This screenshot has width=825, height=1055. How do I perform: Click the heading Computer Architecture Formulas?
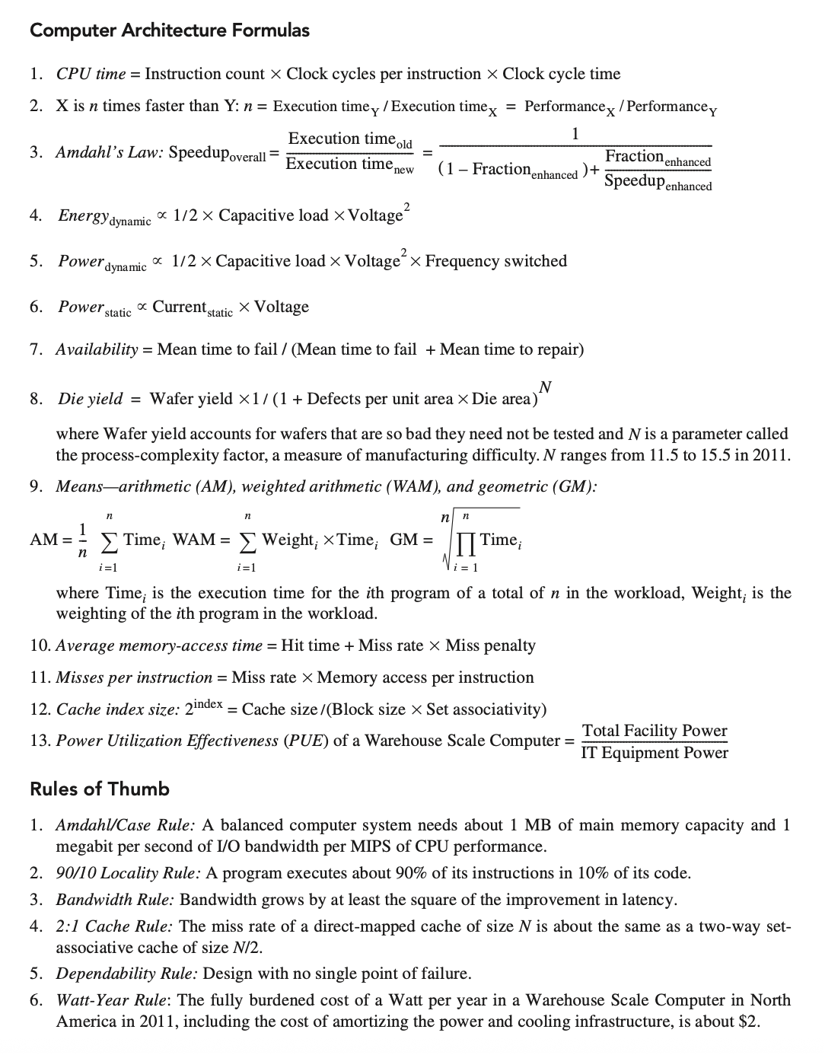170,30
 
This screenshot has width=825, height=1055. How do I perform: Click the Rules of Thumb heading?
99,789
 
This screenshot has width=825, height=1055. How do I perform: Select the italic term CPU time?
91,74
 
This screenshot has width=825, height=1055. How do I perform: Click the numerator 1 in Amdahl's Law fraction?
575,134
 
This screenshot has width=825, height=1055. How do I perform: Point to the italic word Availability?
97,349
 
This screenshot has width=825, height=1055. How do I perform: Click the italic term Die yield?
90,399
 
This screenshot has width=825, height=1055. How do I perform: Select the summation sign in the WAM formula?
247,542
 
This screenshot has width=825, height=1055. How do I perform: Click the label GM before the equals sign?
403,540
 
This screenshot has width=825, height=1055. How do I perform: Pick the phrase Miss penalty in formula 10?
490,645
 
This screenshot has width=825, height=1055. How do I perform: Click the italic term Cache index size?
118,709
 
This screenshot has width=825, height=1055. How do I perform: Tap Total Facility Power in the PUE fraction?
655,730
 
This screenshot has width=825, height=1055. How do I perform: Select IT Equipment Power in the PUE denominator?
655,753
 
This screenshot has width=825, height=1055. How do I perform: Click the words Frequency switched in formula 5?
496,261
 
